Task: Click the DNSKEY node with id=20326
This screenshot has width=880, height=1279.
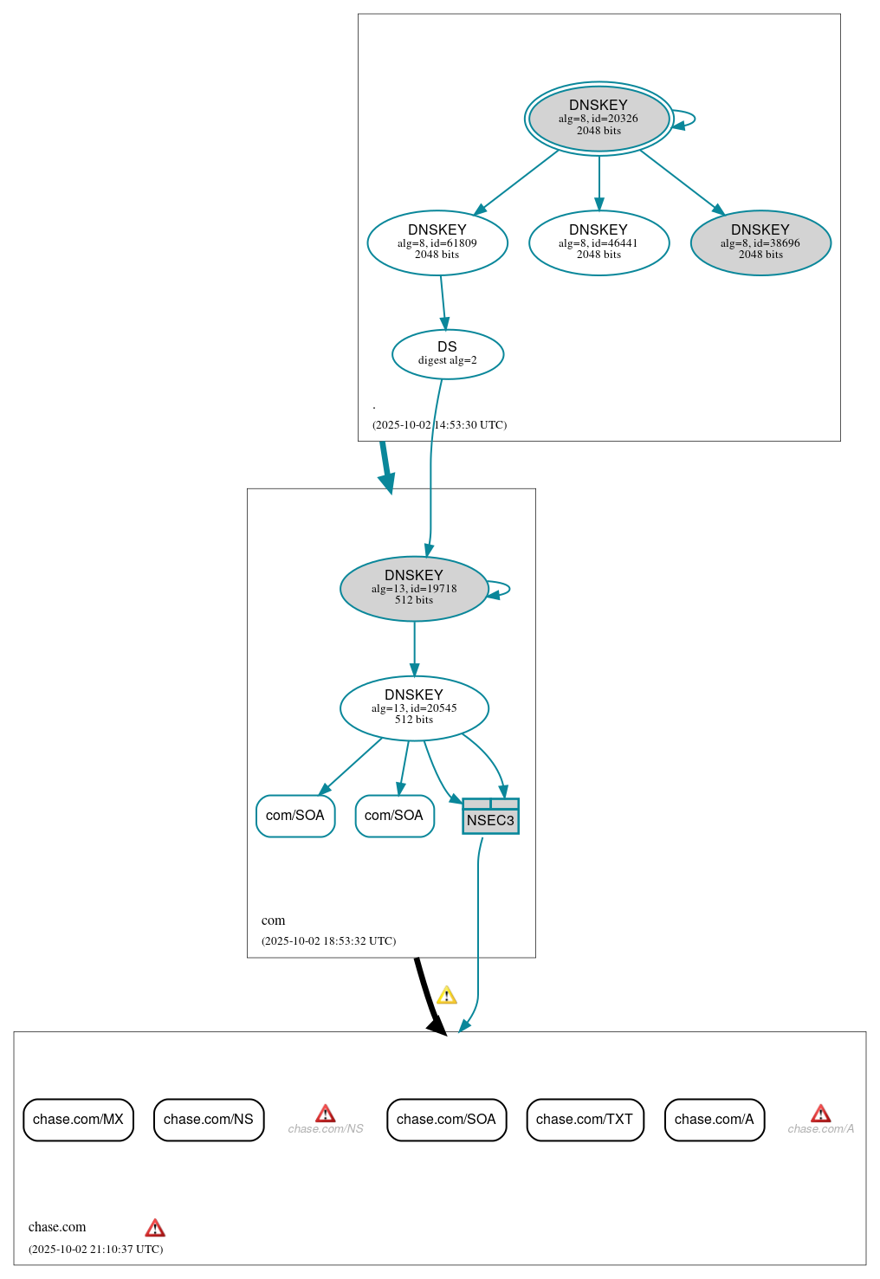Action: [599, 118]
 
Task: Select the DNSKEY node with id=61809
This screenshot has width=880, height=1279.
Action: [437, 242]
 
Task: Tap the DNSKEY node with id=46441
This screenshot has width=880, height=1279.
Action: [599, 242]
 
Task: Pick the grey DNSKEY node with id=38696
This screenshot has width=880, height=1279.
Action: [760, 242]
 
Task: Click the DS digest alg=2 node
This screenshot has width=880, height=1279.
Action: [447, 353]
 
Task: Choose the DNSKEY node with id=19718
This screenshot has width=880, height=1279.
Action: [414, 588]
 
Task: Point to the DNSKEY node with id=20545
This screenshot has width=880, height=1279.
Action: [414, 707]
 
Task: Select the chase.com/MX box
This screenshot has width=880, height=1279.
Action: [78, 1120]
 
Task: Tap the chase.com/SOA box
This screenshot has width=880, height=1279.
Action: [446, 1120]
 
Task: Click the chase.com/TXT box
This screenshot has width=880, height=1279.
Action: [585, 1120]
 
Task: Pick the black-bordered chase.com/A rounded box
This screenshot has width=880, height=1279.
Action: [714, 1120]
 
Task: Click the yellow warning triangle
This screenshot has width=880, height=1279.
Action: [447, 995]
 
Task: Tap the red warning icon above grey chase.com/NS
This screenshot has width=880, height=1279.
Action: [326, 1113]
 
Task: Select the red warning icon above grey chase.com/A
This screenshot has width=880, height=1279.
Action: [820, 1113]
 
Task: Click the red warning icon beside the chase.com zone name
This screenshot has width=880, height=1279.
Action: [155, 1228]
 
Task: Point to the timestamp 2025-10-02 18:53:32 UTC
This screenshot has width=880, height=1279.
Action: [328, 941]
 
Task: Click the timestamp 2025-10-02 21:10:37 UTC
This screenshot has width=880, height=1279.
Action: [95, 1250]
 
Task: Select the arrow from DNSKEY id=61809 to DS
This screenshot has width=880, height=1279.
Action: [443, 302]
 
